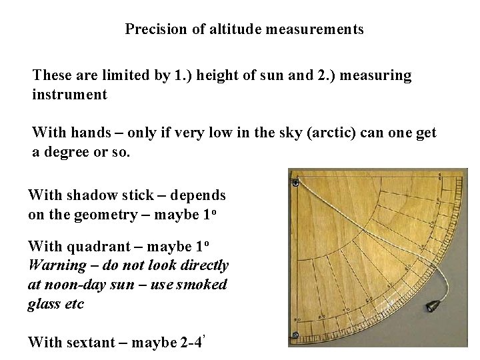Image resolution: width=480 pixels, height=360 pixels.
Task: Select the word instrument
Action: (69, 95)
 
